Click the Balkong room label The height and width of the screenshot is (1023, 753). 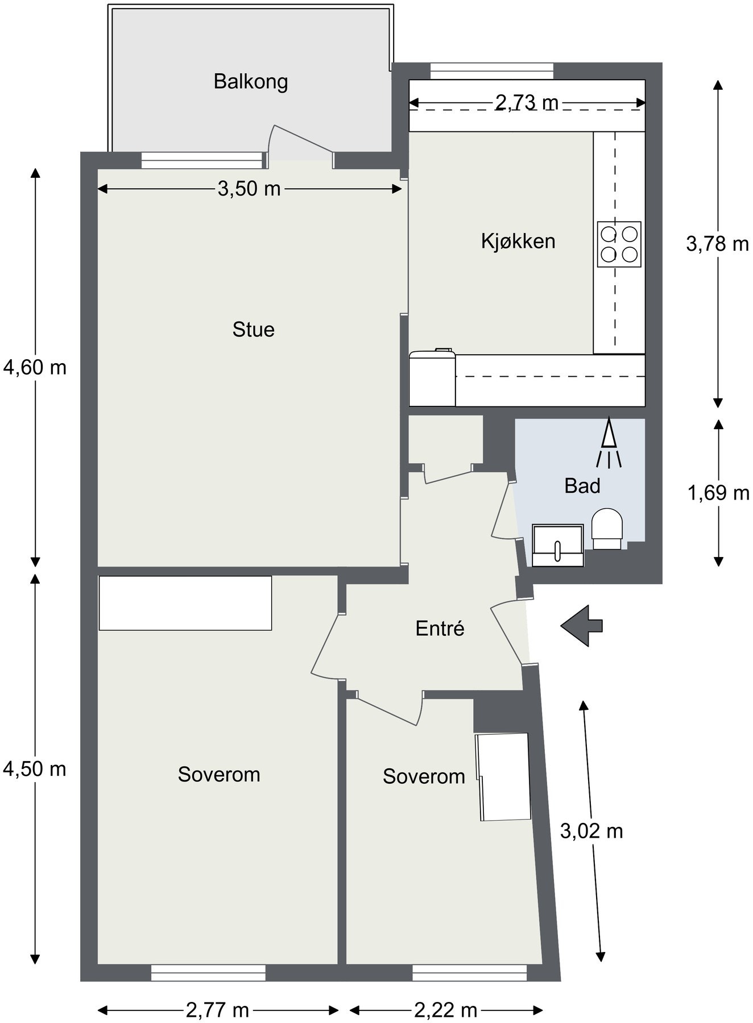coord(250,82)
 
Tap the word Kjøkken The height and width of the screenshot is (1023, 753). coord(518,242)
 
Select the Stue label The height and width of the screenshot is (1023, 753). coord(253,330)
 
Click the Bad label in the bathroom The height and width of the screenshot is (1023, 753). coord(582,486)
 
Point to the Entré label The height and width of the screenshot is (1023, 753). coord(440,629)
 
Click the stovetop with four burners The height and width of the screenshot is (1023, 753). coord(619,244)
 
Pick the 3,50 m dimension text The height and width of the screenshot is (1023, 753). coord(249,189)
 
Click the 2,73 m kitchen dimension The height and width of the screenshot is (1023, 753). coord(527,103)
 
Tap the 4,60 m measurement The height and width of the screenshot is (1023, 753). coord(35,368)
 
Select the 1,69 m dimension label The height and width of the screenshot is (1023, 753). coord(718,493)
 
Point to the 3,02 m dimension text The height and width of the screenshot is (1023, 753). coord(591,831)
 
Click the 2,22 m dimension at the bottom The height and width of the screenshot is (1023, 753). coord(445,1010)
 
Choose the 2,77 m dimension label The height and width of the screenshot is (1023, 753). coord(217,1010)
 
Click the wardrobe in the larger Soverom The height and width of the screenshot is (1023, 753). coord(185,603)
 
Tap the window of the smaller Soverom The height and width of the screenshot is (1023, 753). coord(469,972)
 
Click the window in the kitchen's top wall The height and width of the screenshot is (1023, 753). coord(491,70)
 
